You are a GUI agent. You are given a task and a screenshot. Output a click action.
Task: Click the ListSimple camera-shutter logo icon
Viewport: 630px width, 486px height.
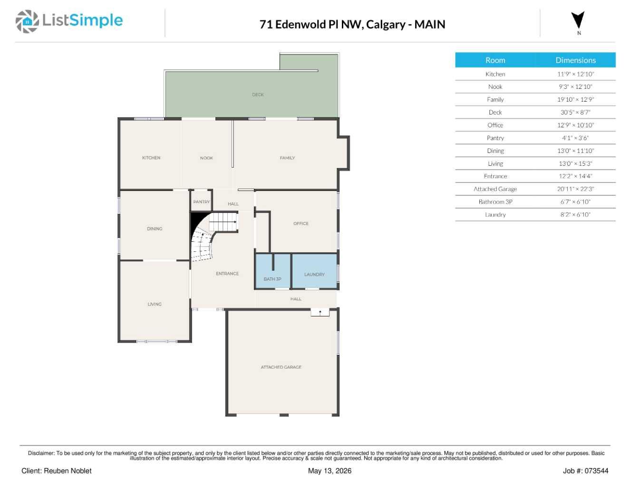(27, 21)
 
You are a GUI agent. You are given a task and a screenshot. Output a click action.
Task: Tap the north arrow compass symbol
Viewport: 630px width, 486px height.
(578, 20)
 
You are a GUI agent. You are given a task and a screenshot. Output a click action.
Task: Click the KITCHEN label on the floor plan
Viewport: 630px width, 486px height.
(151, 158)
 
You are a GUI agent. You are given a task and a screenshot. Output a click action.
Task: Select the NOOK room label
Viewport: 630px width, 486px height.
(206, 158)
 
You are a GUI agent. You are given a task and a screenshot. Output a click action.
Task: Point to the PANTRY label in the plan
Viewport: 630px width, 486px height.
(202, 201)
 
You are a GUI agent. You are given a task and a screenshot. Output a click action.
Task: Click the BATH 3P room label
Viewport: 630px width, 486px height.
(272, 279)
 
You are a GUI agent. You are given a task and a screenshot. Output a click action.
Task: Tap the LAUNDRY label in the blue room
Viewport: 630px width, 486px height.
(314, 274)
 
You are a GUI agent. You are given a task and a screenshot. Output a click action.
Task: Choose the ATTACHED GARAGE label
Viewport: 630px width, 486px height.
(281, 367)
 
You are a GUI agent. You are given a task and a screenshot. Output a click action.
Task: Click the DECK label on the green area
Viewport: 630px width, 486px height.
(258, 95)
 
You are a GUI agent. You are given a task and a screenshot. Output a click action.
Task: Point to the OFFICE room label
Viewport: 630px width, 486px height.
(300, 223)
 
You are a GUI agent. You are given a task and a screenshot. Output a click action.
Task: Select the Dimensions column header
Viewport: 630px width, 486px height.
(575, 60)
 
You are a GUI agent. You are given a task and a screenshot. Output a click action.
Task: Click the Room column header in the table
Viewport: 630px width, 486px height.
(495, 60)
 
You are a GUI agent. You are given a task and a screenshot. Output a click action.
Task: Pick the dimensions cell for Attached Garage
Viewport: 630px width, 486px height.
(575, 189)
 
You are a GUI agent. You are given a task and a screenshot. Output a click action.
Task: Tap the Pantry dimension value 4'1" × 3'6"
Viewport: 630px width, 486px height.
(575, 138)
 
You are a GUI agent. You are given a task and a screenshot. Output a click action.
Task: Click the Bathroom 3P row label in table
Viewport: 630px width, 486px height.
(495, 201)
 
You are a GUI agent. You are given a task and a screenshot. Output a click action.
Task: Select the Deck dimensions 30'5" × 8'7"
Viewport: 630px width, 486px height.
(575, 112)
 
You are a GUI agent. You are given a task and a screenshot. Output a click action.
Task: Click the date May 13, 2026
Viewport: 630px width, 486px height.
(330, 471)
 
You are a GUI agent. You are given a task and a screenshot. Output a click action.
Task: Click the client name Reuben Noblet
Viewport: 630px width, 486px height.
(68, 471)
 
